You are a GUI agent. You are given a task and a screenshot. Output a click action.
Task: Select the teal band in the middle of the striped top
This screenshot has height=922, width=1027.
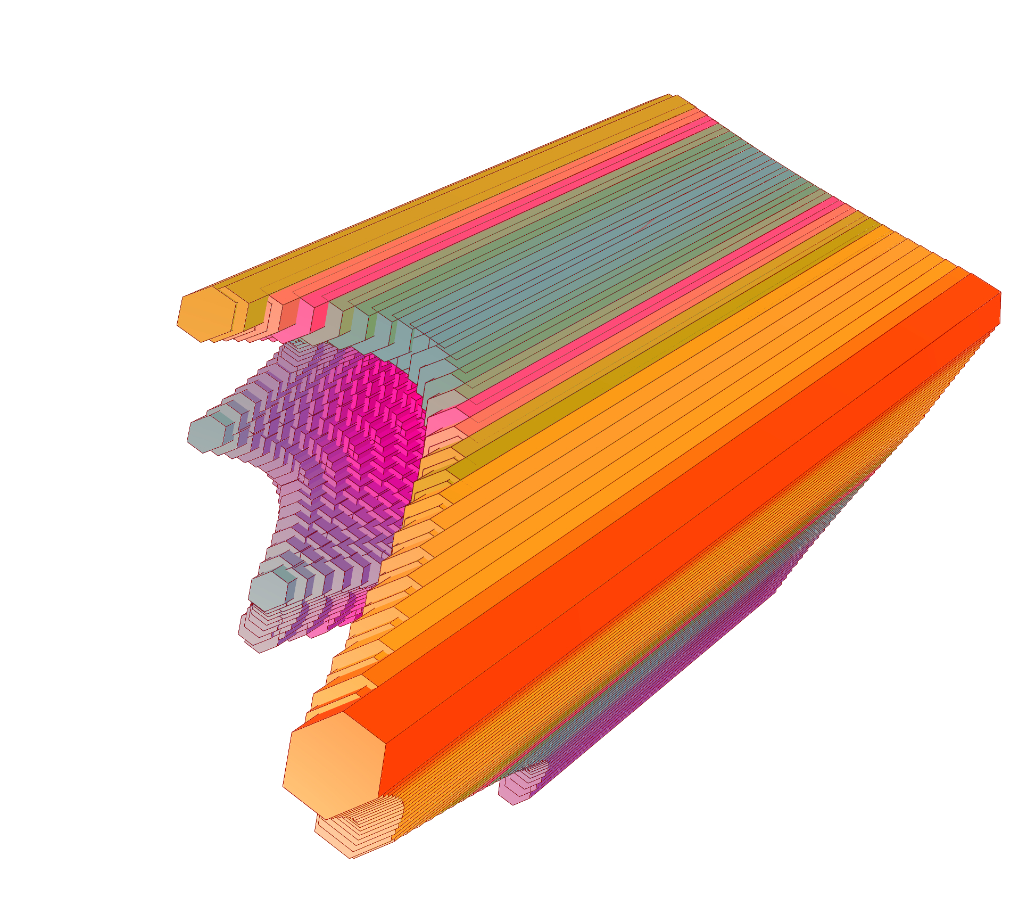point(612,250)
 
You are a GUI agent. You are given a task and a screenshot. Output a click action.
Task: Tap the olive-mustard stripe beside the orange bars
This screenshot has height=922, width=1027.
point(665,341)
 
